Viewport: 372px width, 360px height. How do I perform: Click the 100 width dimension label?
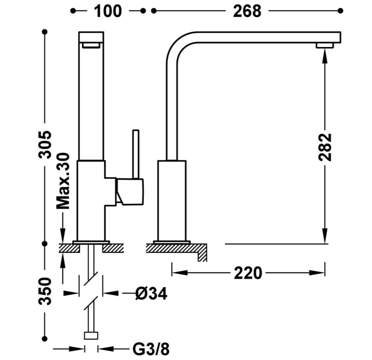click(x=108, y=11)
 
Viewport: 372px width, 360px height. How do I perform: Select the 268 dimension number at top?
click(x=247, y=11)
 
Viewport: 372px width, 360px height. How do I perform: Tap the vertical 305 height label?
click(x=45, y=144)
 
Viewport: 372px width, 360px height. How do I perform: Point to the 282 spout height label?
click(x=325, y=147)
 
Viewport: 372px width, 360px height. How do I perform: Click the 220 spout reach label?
click(x=248, y=273)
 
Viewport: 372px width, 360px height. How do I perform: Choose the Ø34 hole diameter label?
click(x=151, y=294)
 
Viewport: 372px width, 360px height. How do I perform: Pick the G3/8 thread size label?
click(x=151, y=349)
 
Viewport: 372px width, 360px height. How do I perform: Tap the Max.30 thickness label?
click(x=63, y=181)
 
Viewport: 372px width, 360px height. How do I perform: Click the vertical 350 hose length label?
click(x=45, y=291)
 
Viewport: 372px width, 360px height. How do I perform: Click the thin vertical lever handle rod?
click(x=136, y=154)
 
